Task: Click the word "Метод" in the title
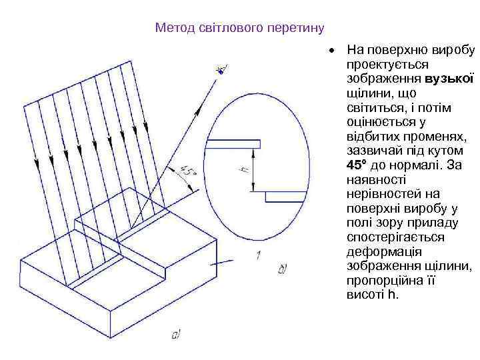coord(171,28)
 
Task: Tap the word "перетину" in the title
coord(298,28)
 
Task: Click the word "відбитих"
coord(372,137)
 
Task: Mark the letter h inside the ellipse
coord(244,171)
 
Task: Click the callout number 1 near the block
coord(257,255)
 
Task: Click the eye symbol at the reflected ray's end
coord(222,68)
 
